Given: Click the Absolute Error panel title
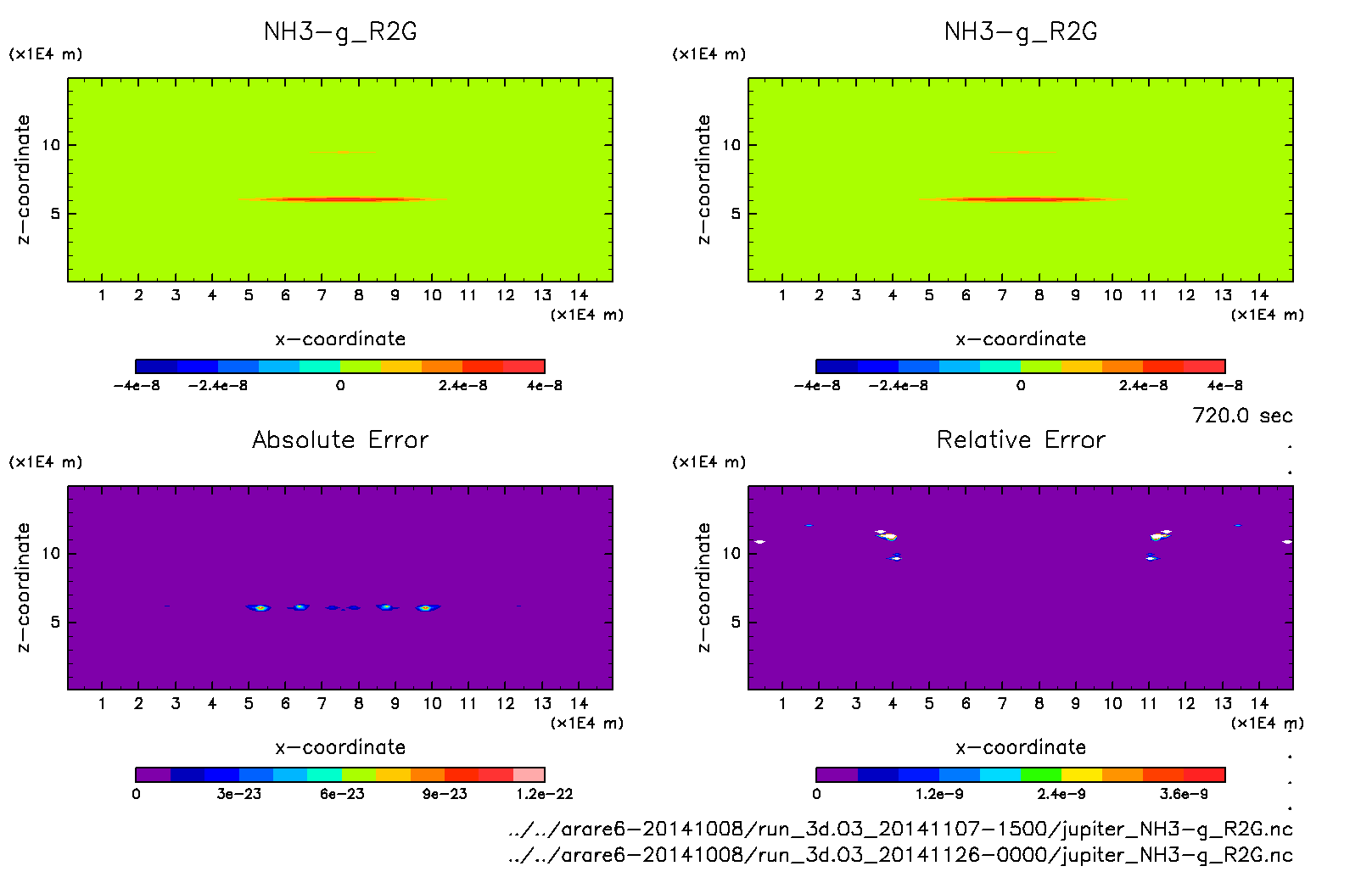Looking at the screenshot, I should [x=340, y=439].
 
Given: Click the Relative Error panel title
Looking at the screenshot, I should [x=1021, y=439].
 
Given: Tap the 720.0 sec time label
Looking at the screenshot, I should [x=1242, y=416].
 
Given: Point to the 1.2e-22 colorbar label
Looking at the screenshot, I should [x=544, y=794].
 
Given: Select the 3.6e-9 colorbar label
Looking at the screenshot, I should [x=1184, y=794].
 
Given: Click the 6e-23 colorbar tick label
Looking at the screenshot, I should [x=342, y=794].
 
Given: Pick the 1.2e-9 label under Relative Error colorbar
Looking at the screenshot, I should [x=939, y=794].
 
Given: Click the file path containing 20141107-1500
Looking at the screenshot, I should [x=900, y=829].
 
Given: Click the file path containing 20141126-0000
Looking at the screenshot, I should [x=900, y=854].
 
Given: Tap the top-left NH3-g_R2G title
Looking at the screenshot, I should [x=340, y=32].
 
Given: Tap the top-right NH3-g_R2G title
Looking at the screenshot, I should [x=1021, y=32].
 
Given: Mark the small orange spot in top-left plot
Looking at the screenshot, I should [x=342, y=152].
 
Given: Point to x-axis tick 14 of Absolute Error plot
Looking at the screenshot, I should [x=579, y=703].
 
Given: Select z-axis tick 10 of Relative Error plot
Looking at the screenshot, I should [x=731, y=553].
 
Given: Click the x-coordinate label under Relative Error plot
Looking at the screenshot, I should [x=1021, y=747].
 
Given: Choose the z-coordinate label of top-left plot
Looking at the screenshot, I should [x=23, y=179].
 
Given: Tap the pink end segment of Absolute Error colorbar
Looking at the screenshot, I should [x=529, y=774].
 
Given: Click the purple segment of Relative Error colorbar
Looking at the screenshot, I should [x=837, y=774].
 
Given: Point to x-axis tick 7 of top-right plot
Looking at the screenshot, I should [x=1002, y=295].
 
